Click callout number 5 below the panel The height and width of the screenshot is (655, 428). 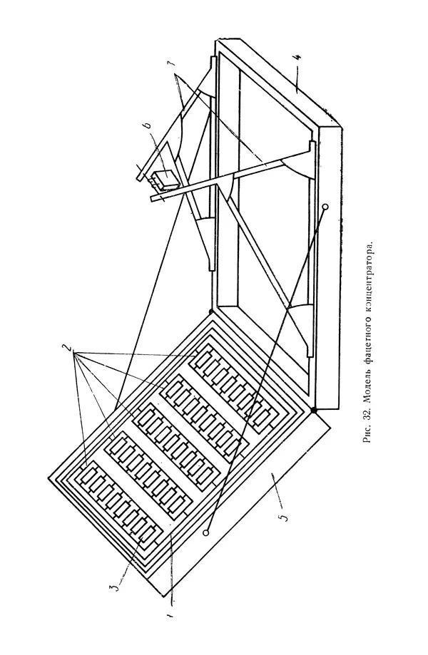pyautogui.click(x=284, y=516)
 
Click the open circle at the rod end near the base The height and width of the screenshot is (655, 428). pyautogui.click(x=325, y=207)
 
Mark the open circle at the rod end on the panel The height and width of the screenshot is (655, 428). pyautogui.click(x=205, y=532)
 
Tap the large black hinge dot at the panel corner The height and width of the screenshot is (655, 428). pyautogui.click(x=313, y=411)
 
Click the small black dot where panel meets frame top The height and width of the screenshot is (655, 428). pyautogui.click(x=210, y=311)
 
